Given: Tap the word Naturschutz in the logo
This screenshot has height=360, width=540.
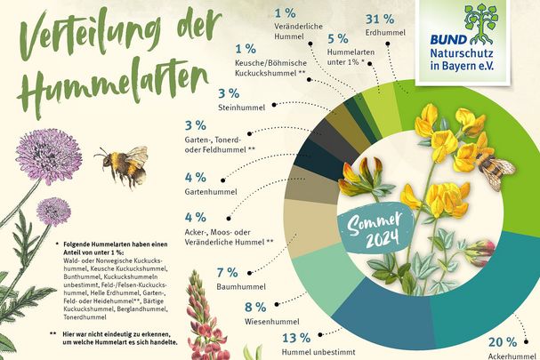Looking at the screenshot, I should (491, 54).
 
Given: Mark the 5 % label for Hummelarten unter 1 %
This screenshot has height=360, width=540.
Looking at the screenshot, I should (337, 39).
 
